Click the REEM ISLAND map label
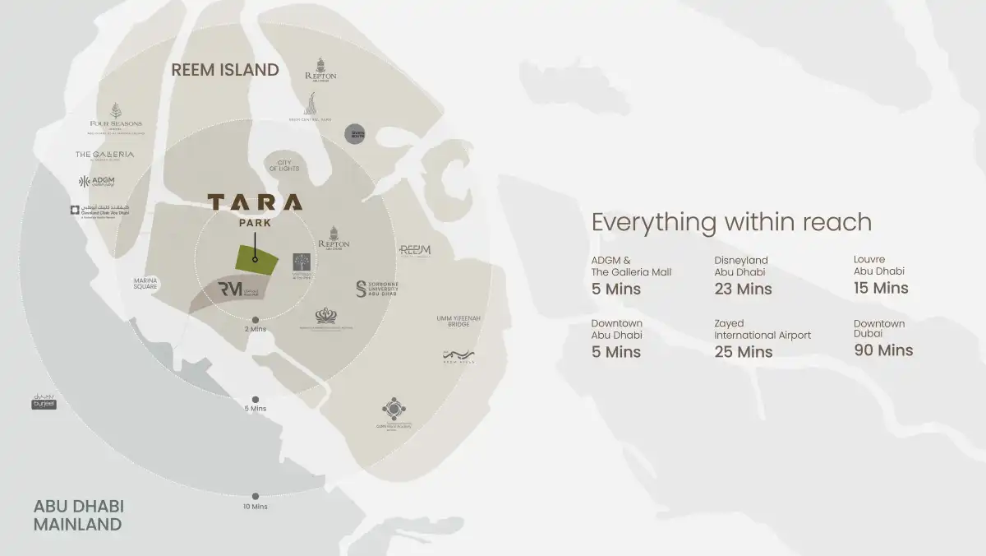(x=225, y=70)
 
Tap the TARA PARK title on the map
(x=255, y=209)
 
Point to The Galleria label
(x=104, y=155)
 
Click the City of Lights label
(x=284, y=164)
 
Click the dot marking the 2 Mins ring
(x=256, y=319)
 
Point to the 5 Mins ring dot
(x=256, y=399)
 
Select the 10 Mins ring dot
(x=256, y=496)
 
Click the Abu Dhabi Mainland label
(x=79, y=514)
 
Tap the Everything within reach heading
(x=731, y=222)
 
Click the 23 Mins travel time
(x=743, y=289)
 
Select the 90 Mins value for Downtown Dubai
(x=883, y=350)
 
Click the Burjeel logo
(x=44, y=401)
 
